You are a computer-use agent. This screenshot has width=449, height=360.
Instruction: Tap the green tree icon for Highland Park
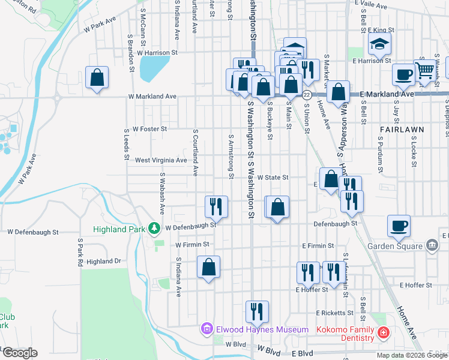[x=155, y=229]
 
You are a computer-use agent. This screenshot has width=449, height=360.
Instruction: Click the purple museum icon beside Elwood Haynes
[x=207, y=329]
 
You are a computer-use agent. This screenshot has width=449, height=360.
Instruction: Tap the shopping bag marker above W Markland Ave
[x=96, y=77]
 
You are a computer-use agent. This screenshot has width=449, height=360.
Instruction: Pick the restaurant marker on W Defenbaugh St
[x=215, y=206]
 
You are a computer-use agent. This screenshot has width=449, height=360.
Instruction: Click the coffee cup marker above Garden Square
[x=399, y=226]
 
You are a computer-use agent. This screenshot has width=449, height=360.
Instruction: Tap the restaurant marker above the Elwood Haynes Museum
[x=256, y=311]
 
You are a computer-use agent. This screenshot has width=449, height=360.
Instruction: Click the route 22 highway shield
[x=306, y=95]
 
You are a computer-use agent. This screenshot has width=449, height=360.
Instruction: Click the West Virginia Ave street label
[x=161, y=160]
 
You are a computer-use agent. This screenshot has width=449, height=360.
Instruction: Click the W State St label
[x=273, y=178]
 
